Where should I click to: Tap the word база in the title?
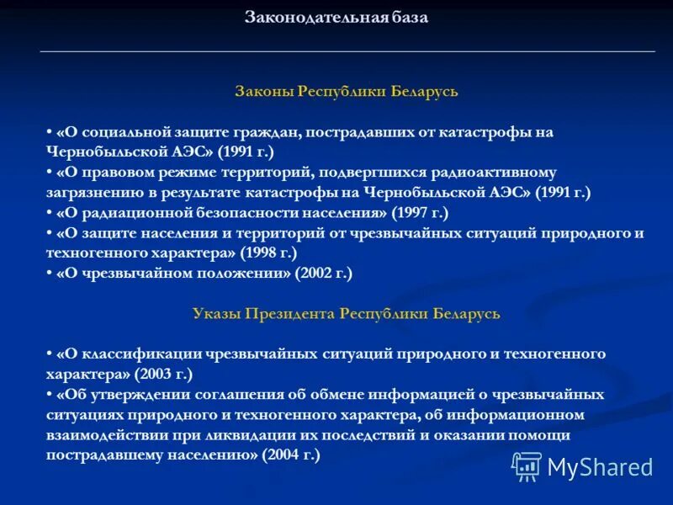point(407,18)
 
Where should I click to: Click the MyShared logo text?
point(600,466)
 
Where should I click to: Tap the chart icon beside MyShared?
point(527,465)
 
